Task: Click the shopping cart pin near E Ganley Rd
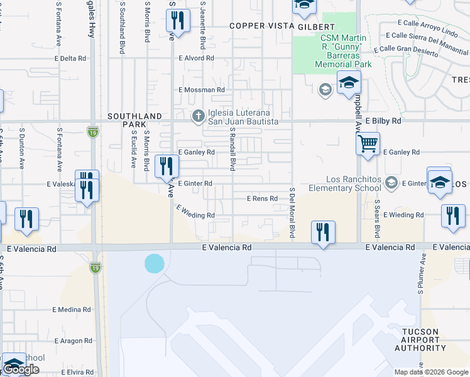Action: click(x=368, y=144)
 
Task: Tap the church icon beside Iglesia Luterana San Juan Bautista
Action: click(x=198, y=115)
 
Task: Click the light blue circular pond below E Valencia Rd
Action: click(x=154, y=263)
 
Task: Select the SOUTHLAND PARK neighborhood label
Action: click(x=135, y=121)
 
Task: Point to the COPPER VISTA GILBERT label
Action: click(x=282, y=26)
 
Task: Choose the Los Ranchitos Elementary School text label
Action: click(x=345, y=183)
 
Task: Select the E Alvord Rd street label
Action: click(x=196, y=58)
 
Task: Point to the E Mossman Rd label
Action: click(x=201, y=90)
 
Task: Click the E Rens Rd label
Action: click(x=262, y=199)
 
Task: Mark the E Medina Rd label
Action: click(x=72, y=310)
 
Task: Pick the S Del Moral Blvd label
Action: click(x=292, y=212)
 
